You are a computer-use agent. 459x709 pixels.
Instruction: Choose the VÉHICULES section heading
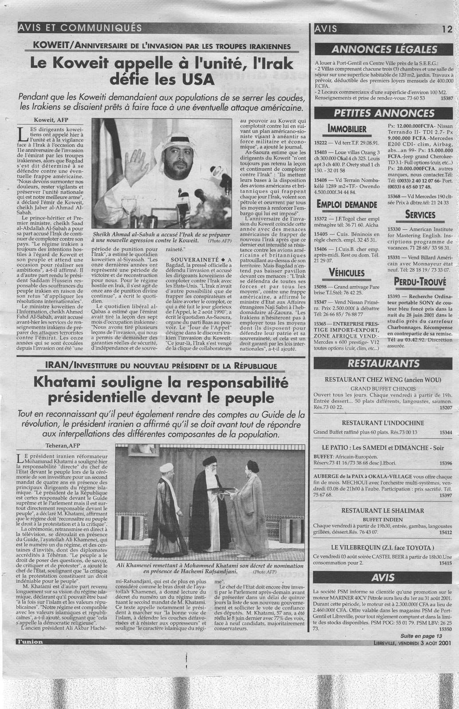coord(347,273)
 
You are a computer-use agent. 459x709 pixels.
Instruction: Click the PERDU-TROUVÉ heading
coord(419,282)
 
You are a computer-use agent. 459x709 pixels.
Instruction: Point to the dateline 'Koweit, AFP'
coord(50,119)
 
